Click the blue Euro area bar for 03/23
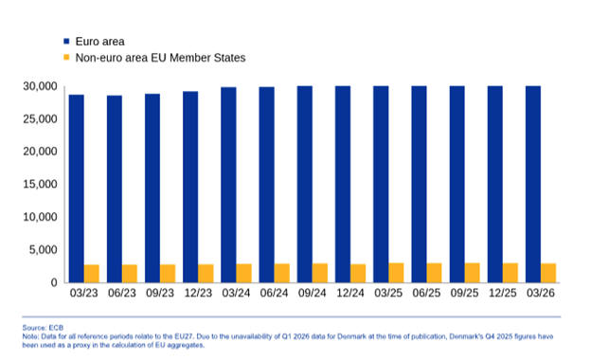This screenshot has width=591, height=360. tap(77, 189)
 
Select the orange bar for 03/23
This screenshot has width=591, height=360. tap(92, 274)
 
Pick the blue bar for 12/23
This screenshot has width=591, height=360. tap(190, 187)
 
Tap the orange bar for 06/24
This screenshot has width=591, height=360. tap(282, 273)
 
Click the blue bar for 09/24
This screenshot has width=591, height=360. tap(305, 185)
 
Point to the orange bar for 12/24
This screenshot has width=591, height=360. tap(358, 273)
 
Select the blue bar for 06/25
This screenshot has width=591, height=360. tap(420, 185)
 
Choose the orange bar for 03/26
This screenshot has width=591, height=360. tap(548, 273)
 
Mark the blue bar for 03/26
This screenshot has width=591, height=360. tap(533, 185)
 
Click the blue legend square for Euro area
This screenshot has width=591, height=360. tap(66, 41)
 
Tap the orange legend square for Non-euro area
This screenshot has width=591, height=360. tap(66, 57)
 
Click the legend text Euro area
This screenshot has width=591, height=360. tap(99, 42)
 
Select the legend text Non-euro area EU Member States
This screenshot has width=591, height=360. tap(161, 58)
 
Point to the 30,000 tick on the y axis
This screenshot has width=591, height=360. tap(41, 86)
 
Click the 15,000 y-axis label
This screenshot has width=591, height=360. tap(41, 185)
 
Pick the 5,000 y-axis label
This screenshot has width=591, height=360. tap(44, 249)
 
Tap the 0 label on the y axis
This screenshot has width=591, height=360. tap(54, 282)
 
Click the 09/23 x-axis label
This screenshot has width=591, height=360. tap(160, 293)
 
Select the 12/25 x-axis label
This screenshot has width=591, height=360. tap(503, 293)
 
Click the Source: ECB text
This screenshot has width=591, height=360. tap(43, 328)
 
